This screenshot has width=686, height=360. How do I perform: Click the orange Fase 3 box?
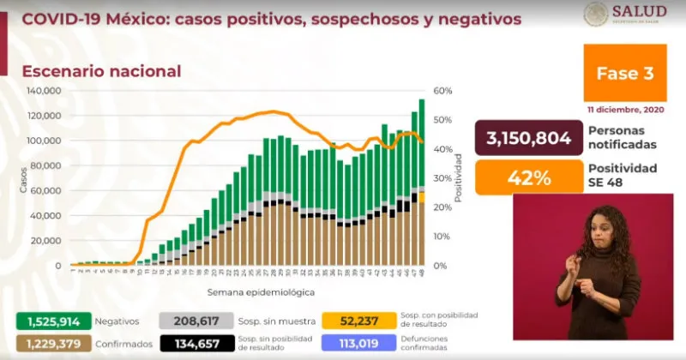pos(624,74)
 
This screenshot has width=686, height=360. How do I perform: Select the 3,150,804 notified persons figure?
pos(522,137)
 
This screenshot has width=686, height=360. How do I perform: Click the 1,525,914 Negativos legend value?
pos(41,321)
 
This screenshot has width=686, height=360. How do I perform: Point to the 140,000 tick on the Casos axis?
pos(42,91)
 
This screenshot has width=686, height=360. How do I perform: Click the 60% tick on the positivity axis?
pos(442,91)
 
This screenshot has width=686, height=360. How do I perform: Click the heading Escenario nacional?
pos(101,71)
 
